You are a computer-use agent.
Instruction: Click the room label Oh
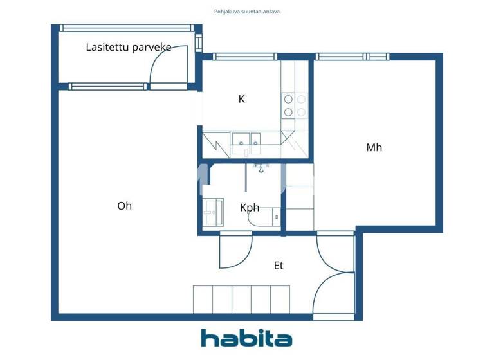125,206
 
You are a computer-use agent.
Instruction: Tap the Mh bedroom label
374,147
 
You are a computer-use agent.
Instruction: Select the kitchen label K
242,99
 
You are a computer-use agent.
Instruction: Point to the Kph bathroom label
250,208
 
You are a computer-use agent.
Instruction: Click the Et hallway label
279,265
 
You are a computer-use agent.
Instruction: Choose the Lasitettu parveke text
128,47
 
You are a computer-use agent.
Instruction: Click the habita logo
246,338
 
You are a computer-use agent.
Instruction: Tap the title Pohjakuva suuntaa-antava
247,12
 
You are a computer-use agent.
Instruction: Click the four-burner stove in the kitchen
294,105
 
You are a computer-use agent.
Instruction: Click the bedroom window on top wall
352,57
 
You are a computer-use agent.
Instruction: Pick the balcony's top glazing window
126,28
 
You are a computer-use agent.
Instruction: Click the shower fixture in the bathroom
261,168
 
